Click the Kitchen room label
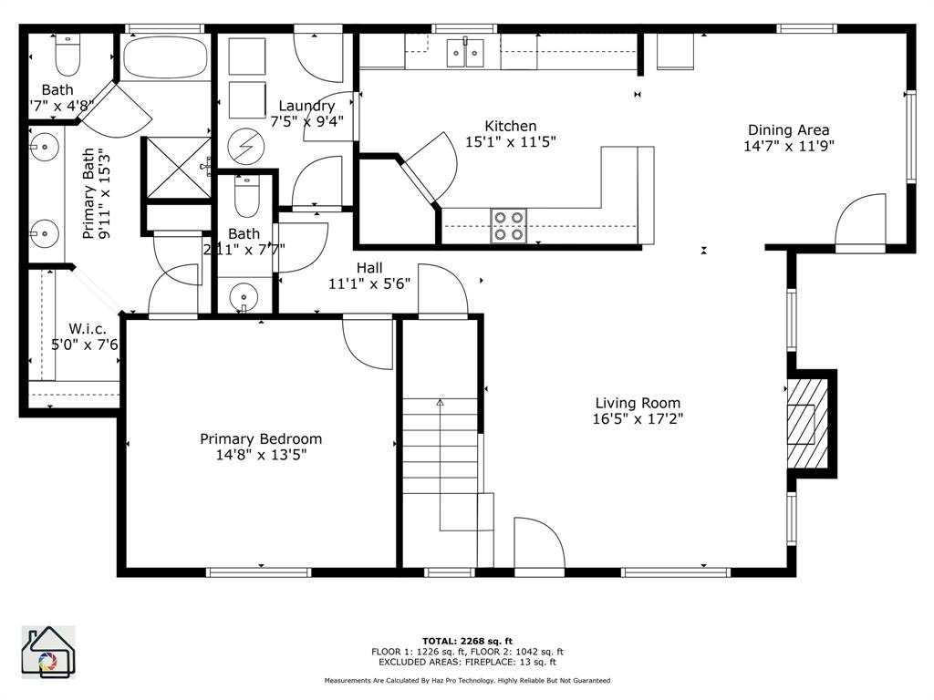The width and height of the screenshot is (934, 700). click(x=510, y=126)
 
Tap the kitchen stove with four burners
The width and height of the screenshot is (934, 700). click(x=509, y=225)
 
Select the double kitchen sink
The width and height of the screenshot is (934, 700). click(x=465, y=53)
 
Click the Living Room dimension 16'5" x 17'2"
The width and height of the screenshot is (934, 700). click(x=638, y=419)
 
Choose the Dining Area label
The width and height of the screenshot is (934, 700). click(x=788, y=129)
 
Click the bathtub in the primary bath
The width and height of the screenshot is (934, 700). click(x=164, y=57)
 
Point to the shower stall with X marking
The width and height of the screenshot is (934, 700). click(x=179, y=166)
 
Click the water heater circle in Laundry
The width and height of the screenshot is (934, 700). click(x=244, y=145)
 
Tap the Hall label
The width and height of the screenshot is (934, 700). click(x=369, y=267)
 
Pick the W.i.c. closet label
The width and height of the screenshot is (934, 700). click(x=88, y=328)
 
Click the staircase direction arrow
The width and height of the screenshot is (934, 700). click(x=440, y=401)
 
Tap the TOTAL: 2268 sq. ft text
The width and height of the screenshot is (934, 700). click(x=466, y=640)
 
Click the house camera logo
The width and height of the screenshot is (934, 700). click(x=48, y=652)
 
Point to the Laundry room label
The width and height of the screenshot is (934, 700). click(x=306, y=106)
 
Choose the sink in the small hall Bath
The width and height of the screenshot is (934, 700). click(x=244, y=295)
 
